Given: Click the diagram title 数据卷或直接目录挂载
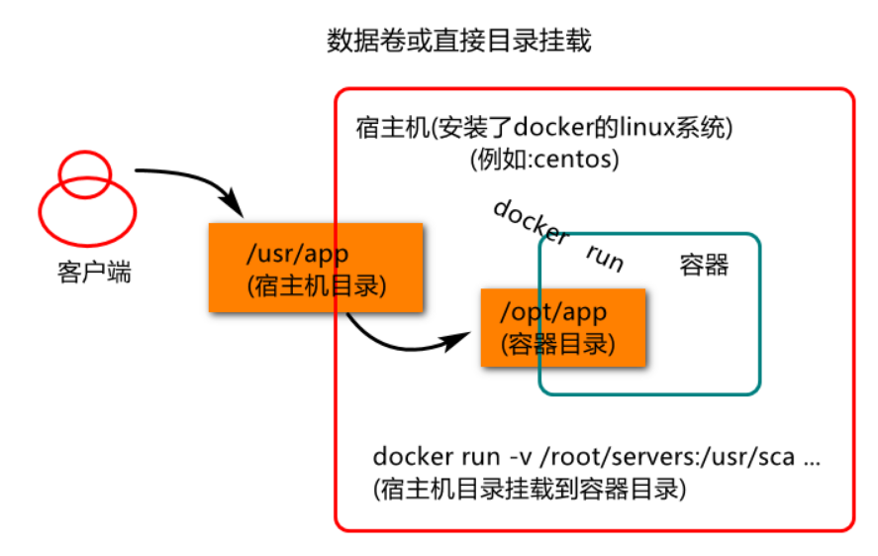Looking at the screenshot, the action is [458, 41].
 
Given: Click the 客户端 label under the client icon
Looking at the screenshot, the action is [94, 273].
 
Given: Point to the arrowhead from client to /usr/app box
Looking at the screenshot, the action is [233, 203].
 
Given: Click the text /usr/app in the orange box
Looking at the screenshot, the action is [297, 254].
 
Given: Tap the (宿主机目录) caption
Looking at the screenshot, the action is [317, 285].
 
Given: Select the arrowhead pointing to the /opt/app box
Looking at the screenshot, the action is [457, 340].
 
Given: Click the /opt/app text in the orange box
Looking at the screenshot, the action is [552, 312].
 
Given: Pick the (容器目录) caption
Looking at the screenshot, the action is [557, 344].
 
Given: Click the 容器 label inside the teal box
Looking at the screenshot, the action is [704, 265].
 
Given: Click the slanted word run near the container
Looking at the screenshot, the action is [605, 258].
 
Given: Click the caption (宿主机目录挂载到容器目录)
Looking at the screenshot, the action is [530, 489].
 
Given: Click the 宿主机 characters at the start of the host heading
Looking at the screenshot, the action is [392, 128].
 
